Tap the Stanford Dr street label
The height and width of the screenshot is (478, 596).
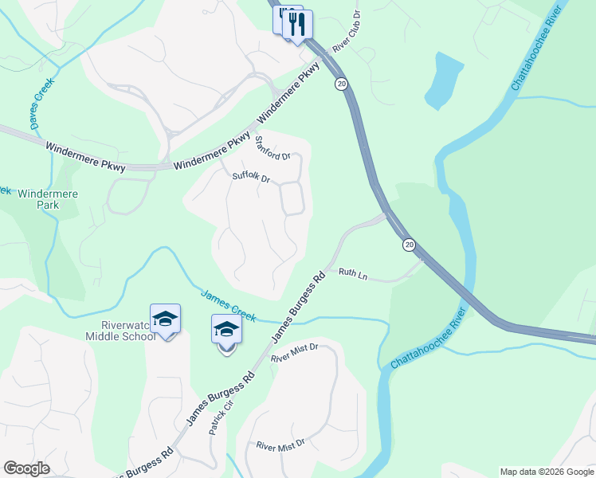[272, 147]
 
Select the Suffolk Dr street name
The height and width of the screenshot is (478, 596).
[251, 177]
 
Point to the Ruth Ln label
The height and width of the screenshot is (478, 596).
[353, 273]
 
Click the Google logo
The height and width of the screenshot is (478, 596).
[26, 468]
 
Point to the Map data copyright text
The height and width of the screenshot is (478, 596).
[547, 472]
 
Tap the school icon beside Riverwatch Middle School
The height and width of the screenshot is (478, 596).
[166, 319]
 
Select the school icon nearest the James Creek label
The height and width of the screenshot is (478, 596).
[226, 330]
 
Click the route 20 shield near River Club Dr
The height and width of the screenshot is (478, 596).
[340, 84]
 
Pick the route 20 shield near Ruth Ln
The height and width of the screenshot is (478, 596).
[409, 245]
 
